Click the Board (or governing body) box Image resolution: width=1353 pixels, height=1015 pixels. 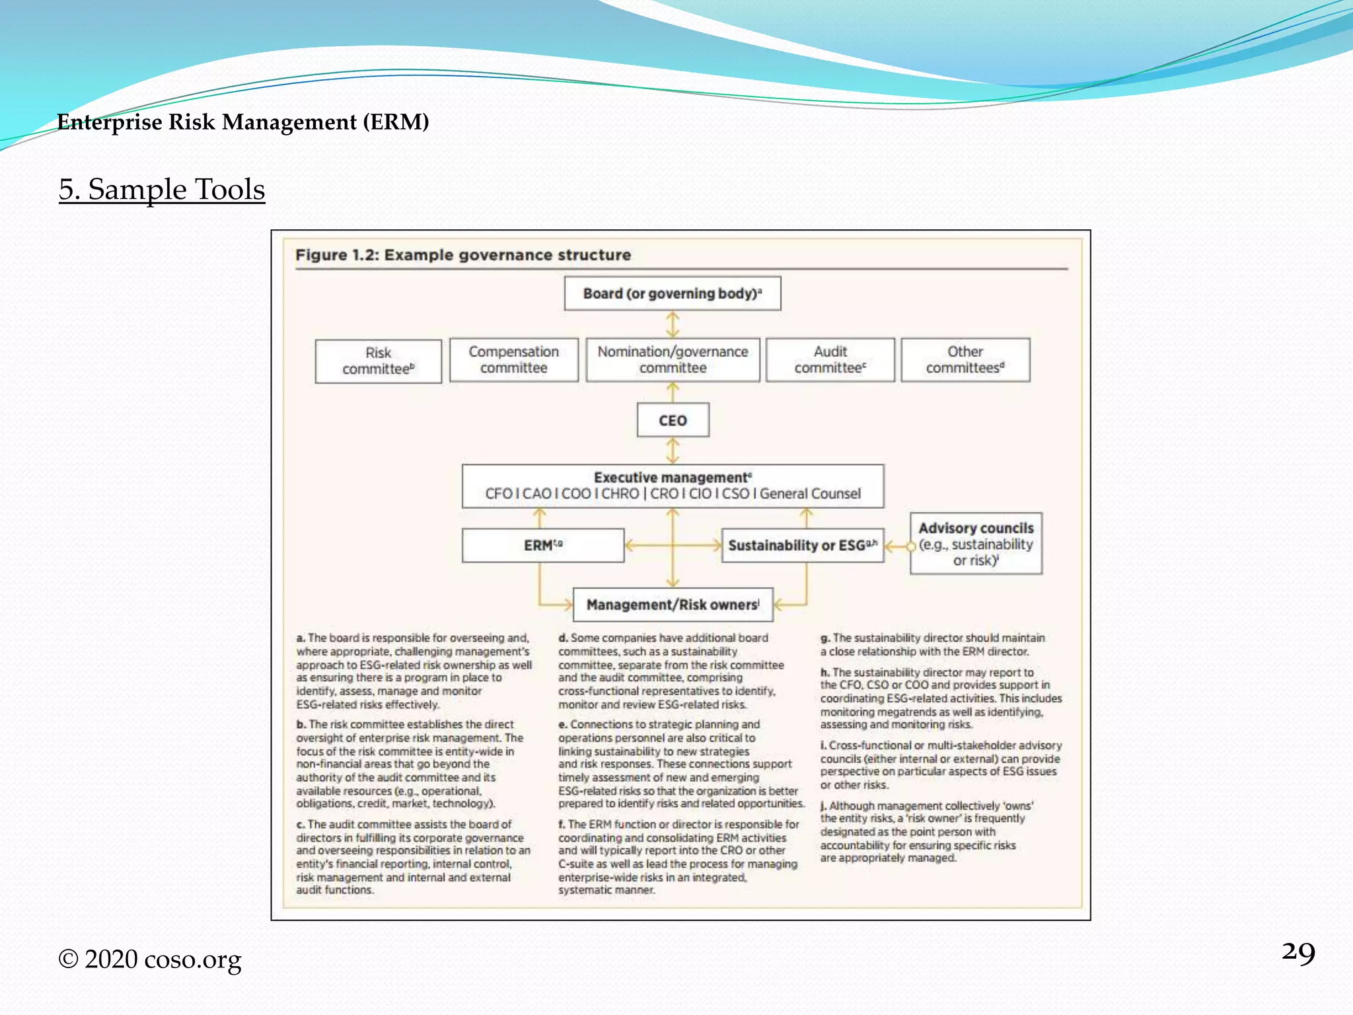click(x=672, y=293)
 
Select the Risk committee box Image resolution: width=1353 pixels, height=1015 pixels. click(x=378, y=361)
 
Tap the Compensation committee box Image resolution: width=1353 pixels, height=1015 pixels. click(x=513, y=359)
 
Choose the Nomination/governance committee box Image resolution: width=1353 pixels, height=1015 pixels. click(x=673, y=359)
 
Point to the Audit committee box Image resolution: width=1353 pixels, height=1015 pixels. click(x=830, y=359)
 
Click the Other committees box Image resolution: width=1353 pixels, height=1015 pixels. click(x=965, y=359)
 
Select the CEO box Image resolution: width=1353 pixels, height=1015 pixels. click(x=673, y=420)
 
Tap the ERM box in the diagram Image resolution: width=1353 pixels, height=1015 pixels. click(x=542, y=545)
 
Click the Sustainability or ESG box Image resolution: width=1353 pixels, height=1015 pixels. click(x=802, y=545)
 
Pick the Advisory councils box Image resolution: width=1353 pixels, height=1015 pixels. click(x=976, y=543)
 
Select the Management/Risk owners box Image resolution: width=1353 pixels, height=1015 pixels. click(x=673, y=605)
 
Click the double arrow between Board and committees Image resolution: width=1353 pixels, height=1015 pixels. click(x=673, y=324)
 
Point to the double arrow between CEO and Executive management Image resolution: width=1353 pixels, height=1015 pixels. click(x=673, y=451)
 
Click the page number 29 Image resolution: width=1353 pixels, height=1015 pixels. click(x=1298, y=954)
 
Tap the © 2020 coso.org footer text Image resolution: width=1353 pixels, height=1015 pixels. click(x=150, y=959)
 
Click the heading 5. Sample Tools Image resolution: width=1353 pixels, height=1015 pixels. click(x=162, y=190)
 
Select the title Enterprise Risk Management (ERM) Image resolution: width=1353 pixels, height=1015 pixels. click(x=243, y=122)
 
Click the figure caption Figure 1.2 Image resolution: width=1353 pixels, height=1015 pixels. click(x=462, y=255)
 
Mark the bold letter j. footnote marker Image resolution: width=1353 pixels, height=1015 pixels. click(x=823, y=806)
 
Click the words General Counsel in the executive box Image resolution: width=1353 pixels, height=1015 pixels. click(x=810, y=494)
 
